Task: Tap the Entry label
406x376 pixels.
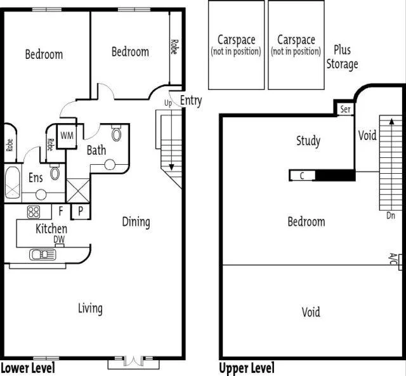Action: tap(190, 100)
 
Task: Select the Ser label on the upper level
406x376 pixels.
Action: tap(345, 109)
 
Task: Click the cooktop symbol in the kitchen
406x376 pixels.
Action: tap(34, 211)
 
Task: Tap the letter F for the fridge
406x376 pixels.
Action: tap(60, 211)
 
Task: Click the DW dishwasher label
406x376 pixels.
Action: tap(58, 239)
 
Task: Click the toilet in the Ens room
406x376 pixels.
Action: tap(55, 173)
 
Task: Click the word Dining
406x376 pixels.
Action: tap(136, 222)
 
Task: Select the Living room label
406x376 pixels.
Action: tap(90, 308)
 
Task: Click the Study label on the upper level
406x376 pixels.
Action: tap(308, 141)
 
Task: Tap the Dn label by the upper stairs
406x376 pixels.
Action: tap(390, 215)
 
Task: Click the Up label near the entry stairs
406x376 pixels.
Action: tap(168, 103)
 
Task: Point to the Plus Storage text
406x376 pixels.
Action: tap(342, 57)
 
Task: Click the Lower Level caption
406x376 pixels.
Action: tap(27, 368)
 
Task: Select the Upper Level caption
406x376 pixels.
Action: tap(247, 368)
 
